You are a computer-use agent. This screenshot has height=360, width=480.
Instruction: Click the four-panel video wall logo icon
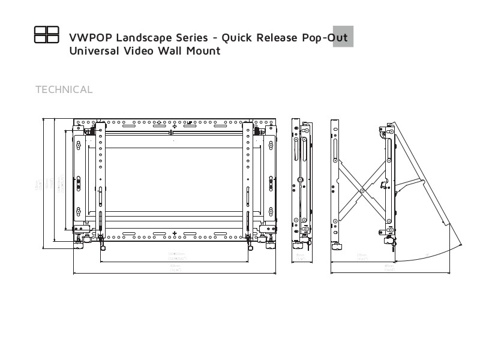(46, 35)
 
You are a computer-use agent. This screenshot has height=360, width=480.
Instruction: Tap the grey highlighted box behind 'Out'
(343, 37)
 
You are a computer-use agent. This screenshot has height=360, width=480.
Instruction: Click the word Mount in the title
(206, 51)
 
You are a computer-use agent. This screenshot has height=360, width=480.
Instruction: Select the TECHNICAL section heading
(64, 90)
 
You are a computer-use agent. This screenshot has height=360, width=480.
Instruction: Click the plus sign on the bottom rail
(175, 233)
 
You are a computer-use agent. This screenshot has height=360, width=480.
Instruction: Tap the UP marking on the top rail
(189, 123)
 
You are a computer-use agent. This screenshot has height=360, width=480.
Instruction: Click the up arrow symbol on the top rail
(175, 125)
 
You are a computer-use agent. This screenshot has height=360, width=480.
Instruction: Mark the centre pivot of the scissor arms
(362, 191)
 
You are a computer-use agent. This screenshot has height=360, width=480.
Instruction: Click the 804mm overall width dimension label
(175, 268)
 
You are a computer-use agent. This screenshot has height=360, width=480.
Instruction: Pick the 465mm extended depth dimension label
(389, 268)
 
